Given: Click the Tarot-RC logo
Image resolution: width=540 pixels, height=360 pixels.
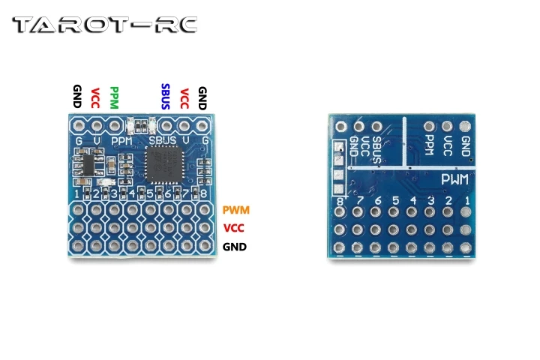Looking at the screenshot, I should pyautogui.click(x=105, y=25).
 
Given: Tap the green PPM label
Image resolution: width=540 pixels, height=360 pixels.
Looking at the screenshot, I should pyautogui.click(x=114, y=98).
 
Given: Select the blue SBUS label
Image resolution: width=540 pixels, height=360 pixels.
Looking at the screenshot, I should pyautogui.click(x=165, y=97).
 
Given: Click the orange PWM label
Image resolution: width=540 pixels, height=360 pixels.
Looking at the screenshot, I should pyautogui.click(x=236, y=211).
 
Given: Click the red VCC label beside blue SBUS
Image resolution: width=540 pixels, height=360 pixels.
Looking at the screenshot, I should pyautogui.click(x=184, y=98).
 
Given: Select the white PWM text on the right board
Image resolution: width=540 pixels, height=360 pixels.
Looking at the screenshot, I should pyautogui.click(x=454, y=180).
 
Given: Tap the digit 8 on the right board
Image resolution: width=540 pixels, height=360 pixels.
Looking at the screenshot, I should pyautogui.click(x=341, y=201).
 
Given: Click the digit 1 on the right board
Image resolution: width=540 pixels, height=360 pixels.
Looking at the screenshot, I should pyautogui.click(x=467, y=201).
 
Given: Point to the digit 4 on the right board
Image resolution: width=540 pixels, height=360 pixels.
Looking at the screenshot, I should pyautogui.click(x=413, y=201).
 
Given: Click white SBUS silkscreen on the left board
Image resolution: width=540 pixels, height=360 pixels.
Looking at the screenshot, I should pyautogui.click(x=163, y=140).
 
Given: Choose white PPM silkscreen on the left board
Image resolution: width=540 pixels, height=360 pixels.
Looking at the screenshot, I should pyautogui.click(x=121, y=140).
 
